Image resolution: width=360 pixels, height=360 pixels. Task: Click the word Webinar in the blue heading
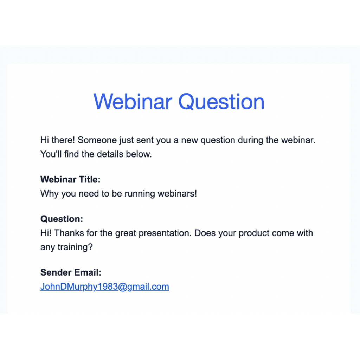pos(133,102)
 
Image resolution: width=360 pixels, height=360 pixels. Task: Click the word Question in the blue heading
pos(221,102)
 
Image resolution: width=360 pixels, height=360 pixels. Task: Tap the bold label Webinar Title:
pos(70,179)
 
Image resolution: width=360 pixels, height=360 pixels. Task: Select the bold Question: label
pos(62,219)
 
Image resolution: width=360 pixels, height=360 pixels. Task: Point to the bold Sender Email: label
pos(71,272)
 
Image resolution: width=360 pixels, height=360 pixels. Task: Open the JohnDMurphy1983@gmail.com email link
pos(105,287)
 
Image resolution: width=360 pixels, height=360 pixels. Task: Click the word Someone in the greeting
pos(97,140)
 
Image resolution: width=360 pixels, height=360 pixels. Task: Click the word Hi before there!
pos(45,140)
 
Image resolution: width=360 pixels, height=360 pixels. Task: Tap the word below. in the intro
pos(139,154)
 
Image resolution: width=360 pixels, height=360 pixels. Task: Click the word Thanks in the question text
pos(69,233)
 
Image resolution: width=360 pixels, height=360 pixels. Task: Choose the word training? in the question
pos(75,247)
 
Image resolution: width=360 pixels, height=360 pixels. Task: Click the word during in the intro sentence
pos(250,140)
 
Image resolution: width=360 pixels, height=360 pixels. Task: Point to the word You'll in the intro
pos(51,154)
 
